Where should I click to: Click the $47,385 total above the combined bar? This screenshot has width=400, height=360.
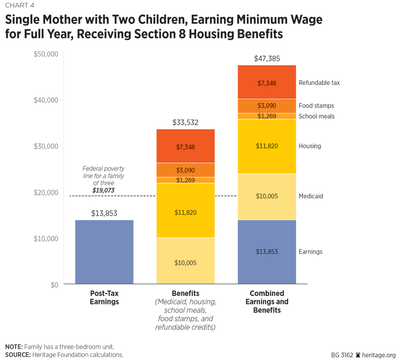pos(267,59)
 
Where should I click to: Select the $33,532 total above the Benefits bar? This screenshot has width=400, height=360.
pos(185,123)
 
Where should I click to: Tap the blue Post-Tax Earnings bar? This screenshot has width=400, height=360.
pos(104,252)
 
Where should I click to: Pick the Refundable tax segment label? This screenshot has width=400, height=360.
pos(319,83)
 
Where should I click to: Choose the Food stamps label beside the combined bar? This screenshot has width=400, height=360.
pos(316,106)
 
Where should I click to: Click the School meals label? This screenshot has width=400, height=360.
pos(316,116)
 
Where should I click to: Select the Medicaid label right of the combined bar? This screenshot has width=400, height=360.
pos(311,196)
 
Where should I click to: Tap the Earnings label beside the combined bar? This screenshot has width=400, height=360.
pos(310,252)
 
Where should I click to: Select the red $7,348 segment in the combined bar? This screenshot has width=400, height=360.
pos(267,82)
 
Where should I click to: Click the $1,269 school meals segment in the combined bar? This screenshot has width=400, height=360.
pos(267,116)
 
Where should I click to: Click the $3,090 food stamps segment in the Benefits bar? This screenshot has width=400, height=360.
pos(185,170)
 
